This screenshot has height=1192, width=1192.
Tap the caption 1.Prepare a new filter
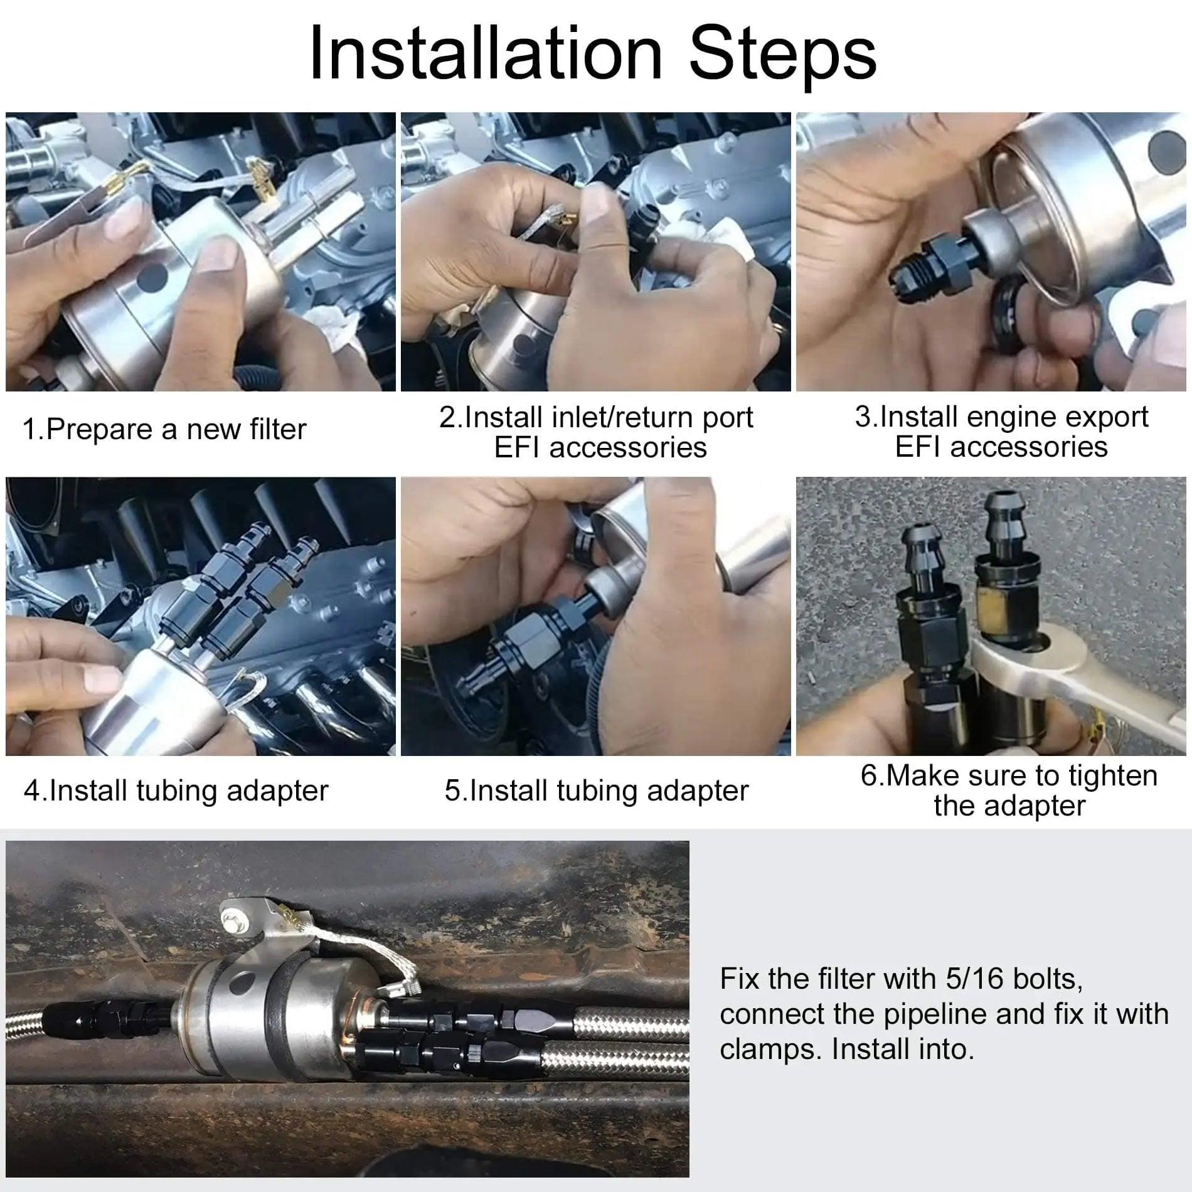pyautogui.click(x=164, y=430)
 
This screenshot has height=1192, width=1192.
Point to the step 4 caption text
pyautogui.click(x=176, y=790)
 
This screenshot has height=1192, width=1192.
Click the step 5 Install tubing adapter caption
pyautogui.click(x=596, y=790)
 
